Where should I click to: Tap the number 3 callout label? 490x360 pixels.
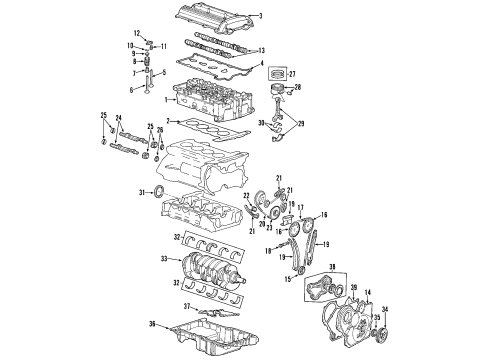coord(261,16)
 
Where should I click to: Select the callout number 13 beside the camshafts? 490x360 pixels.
coord(262,50)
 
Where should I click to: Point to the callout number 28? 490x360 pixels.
coord(298,88)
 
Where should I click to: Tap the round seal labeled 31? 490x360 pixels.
coord(160,191)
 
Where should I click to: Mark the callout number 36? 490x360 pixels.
coord(152,322)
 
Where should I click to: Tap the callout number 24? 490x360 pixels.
coord(120,121)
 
